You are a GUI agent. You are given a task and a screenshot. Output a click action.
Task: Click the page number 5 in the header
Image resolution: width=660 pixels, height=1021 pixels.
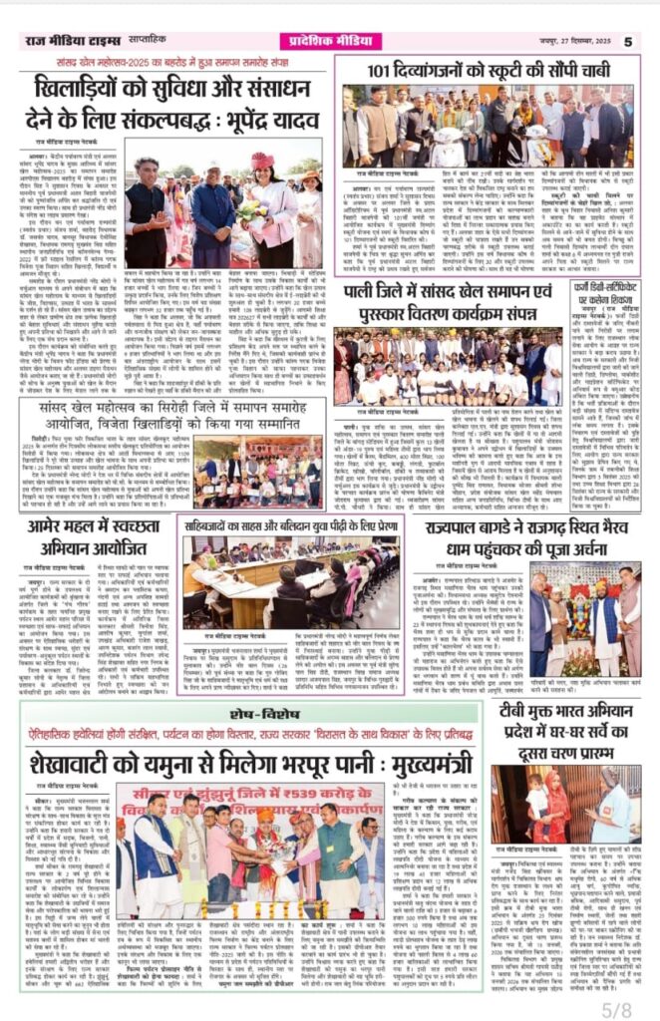pos(628,42)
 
